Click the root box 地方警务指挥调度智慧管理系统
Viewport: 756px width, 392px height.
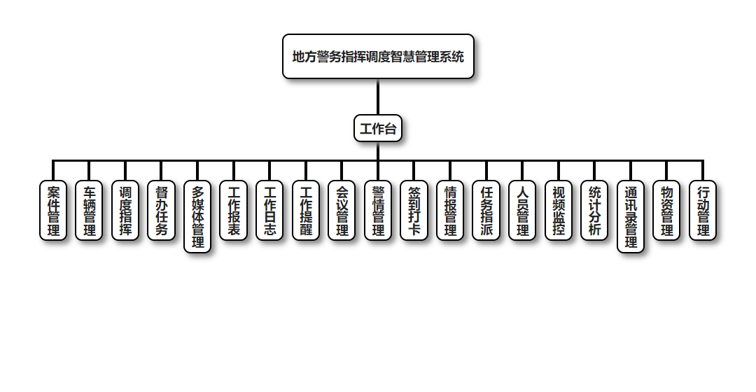pyautogui.click(x=378, y=57)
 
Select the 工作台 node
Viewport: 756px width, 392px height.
pyautogui.click(x=378, y=128)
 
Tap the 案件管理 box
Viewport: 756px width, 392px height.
pyautogui.click(x=53, y=211)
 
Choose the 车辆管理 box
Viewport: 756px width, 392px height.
pyautogui.click(x=89, y=211)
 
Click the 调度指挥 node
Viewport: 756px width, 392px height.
pyautogui.click(x=125, y=211)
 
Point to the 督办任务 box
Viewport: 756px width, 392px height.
pyautogui.click(x=162, y=211)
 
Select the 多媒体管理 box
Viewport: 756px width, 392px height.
pyautogui.click(x=197, y=217)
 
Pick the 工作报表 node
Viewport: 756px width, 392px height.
pyautogui.click(x=234, y=211)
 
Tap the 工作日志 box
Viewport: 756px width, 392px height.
pyautogui.click(x=269, y=211)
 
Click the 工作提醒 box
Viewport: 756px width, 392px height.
pyautogui.click(x=306, y=211)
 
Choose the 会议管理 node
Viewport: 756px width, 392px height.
pyautogui.click(x=342, y=211)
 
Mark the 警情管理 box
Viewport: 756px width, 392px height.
pyautogui.click(x=378, y=211)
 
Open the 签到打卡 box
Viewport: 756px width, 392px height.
pyautogui.click(x=414, y=211)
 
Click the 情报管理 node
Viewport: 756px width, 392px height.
pyautogui.click(x=450, y=211)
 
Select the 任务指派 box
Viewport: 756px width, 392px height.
pyautogui.click(x=486, y=211)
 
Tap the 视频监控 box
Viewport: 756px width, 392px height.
pyautogui.click(x=559, y=211)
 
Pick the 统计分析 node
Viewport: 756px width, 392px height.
pyautogui.click(x=594, y=211)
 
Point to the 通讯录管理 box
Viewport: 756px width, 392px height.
pyautogui.click(x=631, y=217)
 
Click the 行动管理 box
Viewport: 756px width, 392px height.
pyautogui.click(x=703, y=211)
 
